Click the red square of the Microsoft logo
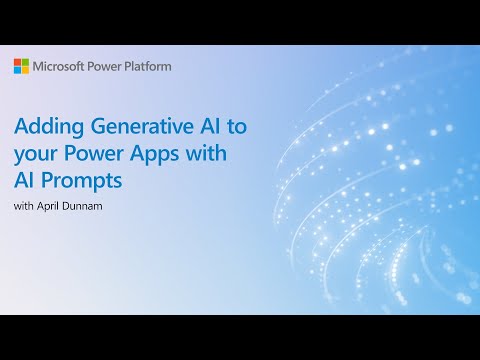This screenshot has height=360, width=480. [17, 62]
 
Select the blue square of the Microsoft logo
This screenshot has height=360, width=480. [17, 70]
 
